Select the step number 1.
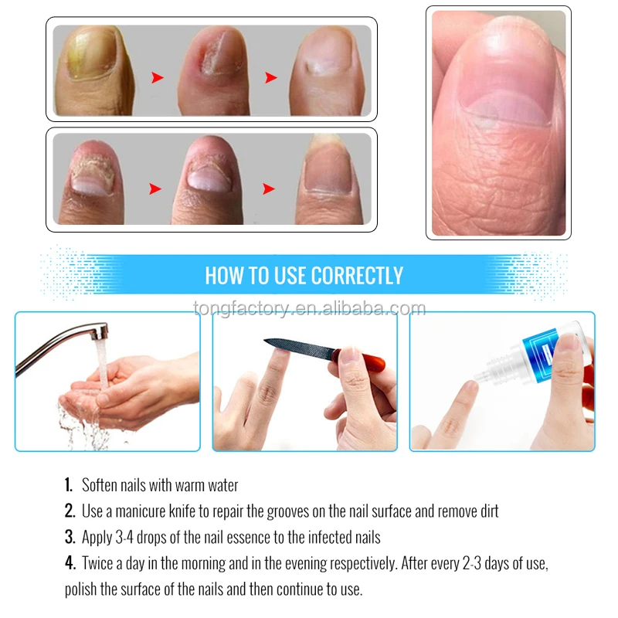pyautogui.click(x=68, y=486)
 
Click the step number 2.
pyautogui.click(x=69, y=511)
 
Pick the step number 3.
pyautogui.click(x=69, y=537)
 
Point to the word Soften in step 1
pyautogui.click(x=103, y=486)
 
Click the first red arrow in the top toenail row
pyautogui.click(x=158, y=77)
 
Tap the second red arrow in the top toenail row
pyautogui.click(x=271, y=77)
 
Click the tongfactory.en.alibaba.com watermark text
pyautogui.click(x=309, y=310)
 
